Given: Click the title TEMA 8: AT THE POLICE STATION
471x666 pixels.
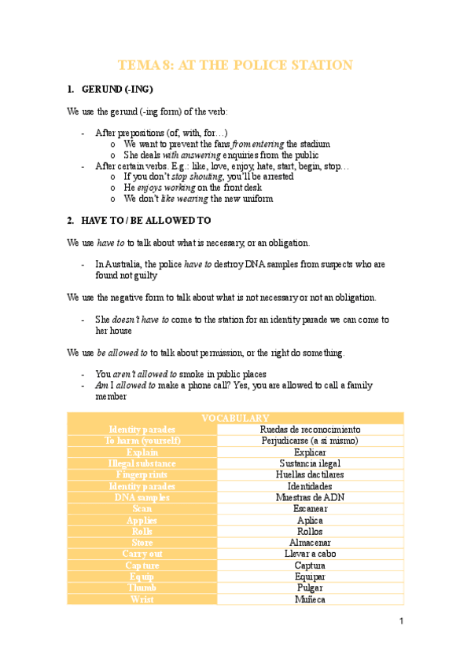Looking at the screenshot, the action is [x=235, y=65].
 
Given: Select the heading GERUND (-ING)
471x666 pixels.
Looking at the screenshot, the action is [x=117, y=90].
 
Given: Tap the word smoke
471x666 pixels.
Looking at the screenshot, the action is [x=192, y=374].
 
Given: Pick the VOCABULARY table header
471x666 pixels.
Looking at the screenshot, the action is [x=235, y=419].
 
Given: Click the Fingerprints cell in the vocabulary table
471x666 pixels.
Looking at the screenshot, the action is [x=142, y=475].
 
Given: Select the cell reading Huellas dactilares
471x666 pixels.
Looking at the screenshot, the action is [x=310, y=475].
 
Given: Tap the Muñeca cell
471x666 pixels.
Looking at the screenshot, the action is [x=310, y=599].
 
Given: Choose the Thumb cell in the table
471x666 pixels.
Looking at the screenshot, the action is [x=142, y=588].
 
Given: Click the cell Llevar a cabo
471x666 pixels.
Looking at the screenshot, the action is [x=310, y=554].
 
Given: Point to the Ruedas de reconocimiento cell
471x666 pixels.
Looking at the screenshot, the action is [x=310, y=430].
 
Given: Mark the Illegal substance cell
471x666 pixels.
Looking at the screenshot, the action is [x=142, y=463].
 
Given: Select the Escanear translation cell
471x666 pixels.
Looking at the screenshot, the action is [x=310, y=509].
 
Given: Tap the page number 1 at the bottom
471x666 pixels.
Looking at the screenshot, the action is [x=401, y=622].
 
